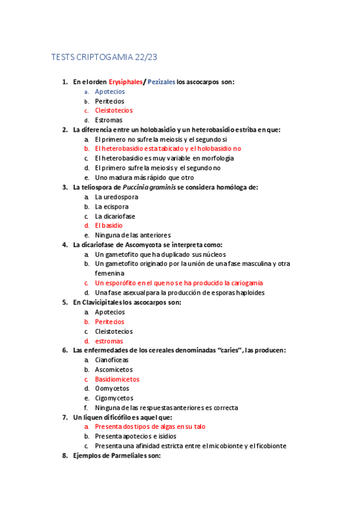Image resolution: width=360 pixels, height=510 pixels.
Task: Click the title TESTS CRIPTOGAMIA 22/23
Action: pyautogui.click(x=105, y=57)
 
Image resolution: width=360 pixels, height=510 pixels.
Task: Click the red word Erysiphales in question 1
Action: pyautogui.click(x=125, y=82)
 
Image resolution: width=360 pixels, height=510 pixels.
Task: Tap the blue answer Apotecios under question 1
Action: pyautogui.click(x=110, y=91)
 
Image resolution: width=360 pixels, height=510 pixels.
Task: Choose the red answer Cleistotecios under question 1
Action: pyautogui.click(x=114, y=111)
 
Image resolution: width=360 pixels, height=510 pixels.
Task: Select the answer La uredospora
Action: pyautogui.click(x=117, y=197)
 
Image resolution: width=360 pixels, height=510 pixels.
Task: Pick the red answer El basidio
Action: pyautogui.click(x=109, y=226)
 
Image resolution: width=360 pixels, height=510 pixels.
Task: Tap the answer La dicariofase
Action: pyautogui.click(x=115, y=216)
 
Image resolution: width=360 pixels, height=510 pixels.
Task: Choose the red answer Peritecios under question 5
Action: pyautogui.click(x=110, y=322)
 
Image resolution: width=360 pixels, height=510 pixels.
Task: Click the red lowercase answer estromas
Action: pyautogui.click(x=109, y=341)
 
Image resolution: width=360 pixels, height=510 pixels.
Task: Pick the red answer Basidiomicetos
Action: pyautogui.click(x=117, y=379)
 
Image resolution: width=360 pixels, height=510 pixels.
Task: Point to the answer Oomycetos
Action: pyautogui.click(x=112, y=389)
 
